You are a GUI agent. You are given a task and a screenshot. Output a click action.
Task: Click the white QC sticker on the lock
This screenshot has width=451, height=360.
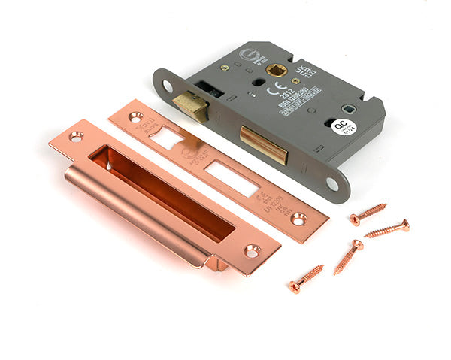(340, 126)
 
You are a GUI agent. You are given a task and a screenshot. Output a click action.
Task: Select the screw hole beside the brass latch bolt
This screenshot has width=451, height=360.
(167, 87)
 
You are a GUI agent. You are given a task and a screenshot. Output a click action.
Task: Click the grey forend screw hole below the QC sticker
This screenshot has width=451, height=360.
(331, 183)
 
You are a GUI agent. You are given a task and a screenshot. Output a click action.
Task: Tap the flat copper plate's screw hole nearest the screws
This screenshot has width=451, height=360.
(298, 219)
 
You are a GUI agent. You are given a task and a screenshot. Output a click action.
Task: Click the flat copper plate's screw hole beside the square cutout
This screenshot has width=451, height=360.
(135, 117)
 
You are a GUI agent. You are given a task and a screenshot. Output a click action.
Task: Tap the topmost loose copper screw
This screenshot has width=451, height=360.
(368, 213)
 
